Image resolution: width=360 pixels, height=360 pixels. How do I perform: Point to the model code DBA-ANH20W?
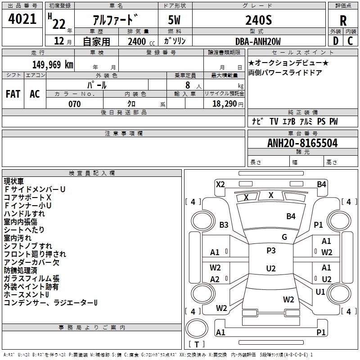[258, 41]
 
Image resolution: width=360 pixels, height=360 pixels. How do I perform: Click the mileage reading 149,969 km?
[53, 64]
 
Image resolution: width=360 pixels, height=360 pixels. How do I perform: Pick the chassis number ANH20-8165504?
[302, 144]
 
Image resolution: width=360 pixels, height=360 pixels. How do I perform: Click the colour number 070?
[74, 104]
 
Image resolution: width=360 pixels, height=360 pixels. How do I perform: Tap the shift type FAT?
[13, 94]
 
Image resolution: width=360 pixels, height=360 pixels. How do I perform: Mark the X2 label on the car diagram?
[220, 184]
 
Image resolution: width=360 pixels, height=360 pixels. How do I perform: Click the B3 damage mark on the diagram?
[224, 225]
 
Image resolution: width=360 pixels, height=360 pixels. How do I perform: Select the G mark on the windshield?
[284, 237]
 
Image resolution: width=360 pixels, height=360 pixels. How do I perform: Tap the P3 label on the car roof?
[271, 251]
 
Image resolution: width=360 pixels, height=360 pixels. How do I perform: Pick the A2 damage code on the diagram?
[215, 279]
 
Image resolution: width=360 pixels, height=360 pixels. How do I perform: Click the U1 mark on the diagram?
[320, 292]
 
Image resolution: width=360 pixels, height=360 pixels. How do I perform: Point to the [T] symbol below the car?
[196, 344]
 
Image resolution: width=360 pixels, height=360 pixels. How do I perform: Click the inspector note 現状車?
[14, 181]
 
